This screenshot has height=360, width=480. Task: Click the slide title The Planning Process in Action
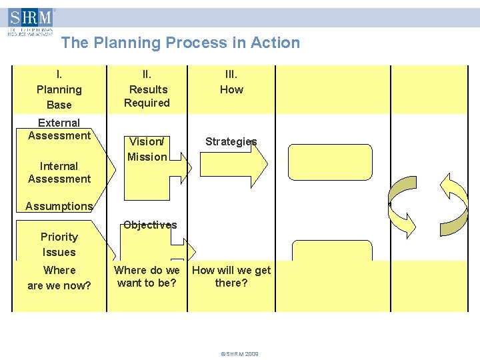click(x=180, y=43)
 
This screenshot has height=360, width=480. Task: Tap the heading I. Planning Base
click(x=59, y=89)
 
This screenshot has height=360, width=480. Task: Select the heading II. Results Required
click(x=147, y=89)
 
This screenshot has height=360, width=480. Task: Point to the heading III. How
click(x=231, y=82)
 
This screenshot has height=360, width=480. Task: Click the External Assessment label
click(x=59, y=129)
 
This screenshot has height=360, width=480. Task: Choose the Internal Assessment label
click(x=59, y=172)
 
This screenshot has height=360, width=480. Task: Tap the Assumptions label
click(x=59, y=206)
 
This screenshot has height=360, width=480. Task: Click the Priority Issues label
click(x=59, y=244)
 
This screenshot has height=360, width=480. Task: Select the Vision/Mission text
click(x=147, y=149)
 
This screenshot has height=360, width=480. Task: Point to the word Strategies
click(x=231, y=141)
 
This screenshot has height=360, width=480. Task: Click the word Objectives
click(x=150, y=225)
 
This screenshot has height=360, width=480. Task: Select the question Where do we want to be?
click(x=147, y=277)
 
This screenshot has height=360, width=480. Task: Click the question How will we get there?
click(x=231, y=277)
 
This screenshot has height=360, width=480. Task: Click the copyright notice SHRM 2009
click(x=239, y=354)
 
